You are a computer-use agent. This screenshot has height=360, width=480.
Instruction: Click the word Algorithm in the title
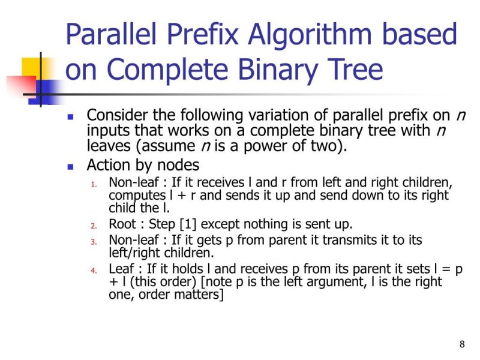click(x=312, y=35)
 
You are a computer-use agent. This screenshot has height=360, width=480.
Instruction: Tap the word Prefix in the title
click(x=194, y=35)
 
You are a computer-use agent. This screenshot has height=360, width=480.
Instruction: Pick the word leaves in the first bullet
click(x=106, y=146)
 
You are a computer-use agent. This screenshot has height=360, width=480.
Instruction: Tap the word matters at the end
click(x=201, y=295)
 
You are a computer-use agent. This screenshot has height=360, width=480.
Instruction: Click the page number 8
click(x=462, y=344)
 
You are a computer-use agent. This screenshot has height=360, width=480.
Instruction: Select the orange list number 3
click(x=94, y=241)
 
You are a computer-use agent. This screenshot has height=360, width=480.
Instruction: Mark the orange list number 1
click(x=94, y=183)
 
